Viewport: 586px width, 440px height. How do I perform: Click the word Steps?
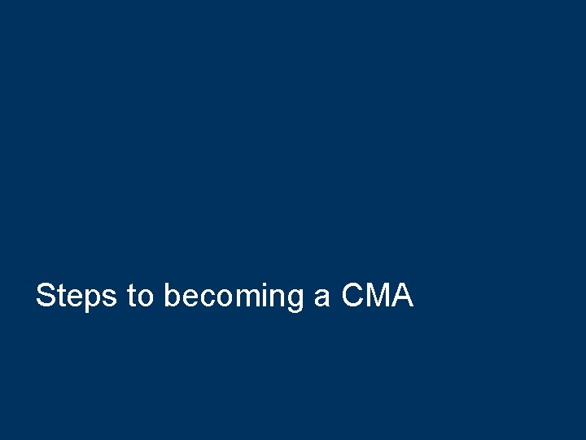point(77,296)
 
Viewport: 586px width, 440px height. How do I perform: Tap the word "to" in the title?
point(140,296)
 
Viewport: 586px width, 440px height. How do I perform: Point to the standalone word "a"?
point(321,297)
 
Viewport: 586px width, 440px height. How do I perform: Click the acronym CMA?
point(378,295)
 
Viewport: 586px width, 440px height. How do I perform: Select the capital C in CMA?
point(353,295)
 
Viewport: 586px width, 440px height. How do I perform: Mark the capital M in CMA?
point(379,295)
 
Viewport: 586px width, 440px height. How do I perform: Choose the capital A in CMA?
point(403,295)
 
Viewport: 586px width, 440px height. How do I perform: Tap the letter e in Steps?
point(74,297)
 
